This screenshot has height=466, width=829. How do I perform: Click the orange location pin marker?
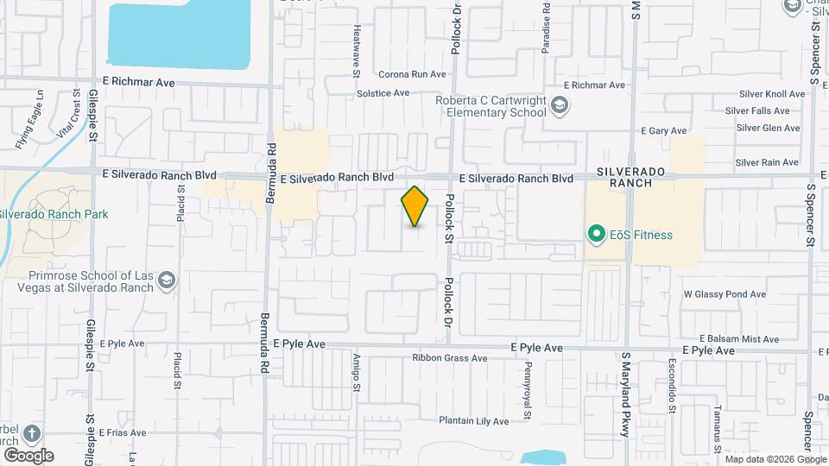[415, 206]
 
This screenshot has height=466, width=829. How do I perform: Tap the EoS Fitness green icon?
[595, 234]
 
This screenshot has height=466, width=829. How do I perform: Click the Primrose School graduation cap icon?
[167, 280]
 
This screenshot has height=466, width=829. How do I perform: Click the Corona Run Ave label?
[412, 74]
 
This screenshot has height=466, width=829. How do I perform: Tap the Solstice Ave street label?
[383, 92]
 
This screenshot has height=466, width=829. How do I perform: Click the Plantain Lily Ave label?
[473, 421]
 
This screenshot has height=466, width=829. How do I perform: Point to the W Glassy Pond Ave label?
[725, 294]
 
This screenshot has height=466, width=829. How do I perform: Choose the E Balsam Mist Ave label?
[741, 337]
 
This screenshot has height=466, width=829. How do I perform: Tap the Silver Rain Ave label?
[767, 162]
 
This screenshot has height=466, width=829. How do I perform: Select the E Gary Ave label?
[664, 130]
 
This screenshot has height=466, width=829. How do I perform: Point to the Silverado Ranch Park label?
[54, 214]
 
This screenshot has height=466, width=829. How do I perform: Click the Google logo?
[28, 455]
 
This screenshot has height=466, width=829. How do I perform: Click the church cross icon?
[32, 433]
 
